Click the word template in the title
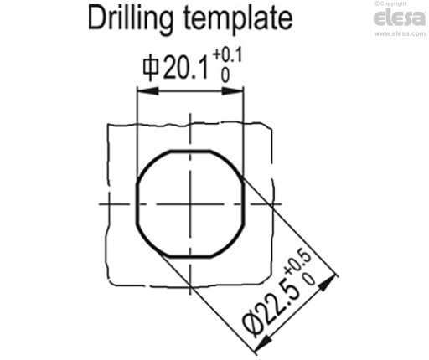(238, 19)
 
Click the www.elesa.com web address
(400, 33)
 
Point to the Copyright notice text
(390, 3)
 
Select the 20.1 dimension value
(186, 67)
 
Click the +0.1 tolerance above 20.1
(227, 55)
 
